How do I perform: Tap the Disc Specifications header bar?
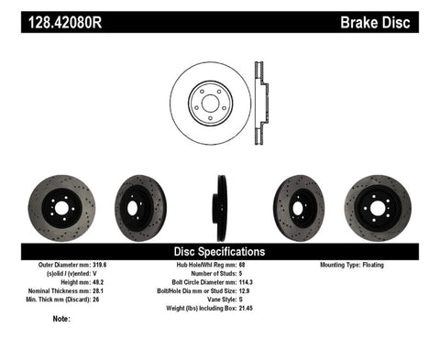coord(220,250)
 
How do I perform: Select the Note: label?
coord(62,319)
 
